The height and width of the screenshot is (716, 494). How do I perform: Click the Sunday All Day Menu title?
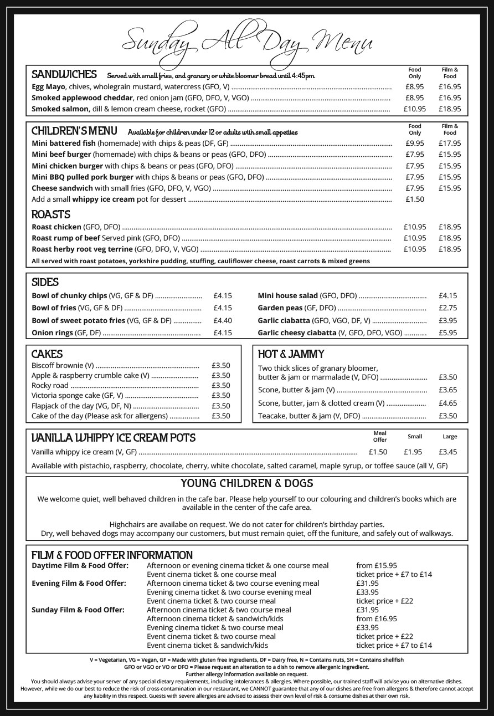pyautogui.click(x=246, y=42)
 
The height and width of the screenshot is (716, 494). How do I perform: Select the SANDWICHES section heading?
pyautogui.click(x=64, y=74)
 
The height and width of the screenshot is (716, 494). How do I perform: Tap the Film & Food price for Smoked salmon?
pyautogui.click(x=449, y=109)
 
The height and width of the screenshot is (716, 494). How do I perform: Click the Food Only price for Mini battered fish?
pyautogui.click(x=414, y=144)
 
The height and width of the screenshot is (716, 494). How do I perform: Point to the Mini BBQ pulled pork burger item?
pyautogui.click(x=83, y=177)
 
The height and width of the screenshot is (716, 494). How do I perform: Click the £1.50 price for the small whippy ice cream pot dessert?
pyautogui.click(x=414, y=200)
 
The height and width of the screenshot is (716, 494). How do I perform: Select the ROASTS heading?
pyautogui.click(x=51, y=214)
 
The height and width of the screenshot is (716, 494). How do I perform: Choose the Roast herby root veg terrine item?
pyautogui.click(x=82, y=249)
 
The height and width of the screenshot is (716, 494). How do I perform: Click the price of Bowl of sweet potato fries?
pyautogui.click(x=222, y=321)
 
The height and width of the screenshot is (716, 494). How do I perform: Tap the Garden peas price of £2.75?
pyautogui.click(x=447, y=308)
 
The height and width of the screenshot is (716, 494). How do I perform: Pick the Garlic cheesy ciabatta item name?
pyautogui.click(x=297, y=333)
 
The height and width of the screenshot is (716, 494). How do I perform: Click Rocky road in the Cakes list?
pyautogui.click(x=50, y=386)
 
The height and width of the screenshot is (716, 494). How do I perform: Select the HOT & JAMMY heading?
pyautogui.click(x=291, y=354)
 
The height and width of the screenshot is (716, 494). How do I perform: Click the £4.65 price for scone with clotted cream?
pyautogui.click(x=447, y=403)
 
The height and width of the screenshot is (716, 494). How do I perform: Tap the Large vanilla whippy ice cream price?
pyautogui.click(x=449, y=452)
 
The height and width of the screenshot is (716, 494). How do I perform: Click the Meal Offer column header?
pyautogui.click(x=380, y=437)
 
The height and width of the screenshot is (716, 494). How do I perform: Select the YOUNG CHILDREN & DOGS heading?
pyautogui.click(x=246, y=483)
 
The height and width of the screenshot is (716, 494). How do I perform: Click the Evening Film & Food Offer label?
pyautogui.click(x=79, y=584)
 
